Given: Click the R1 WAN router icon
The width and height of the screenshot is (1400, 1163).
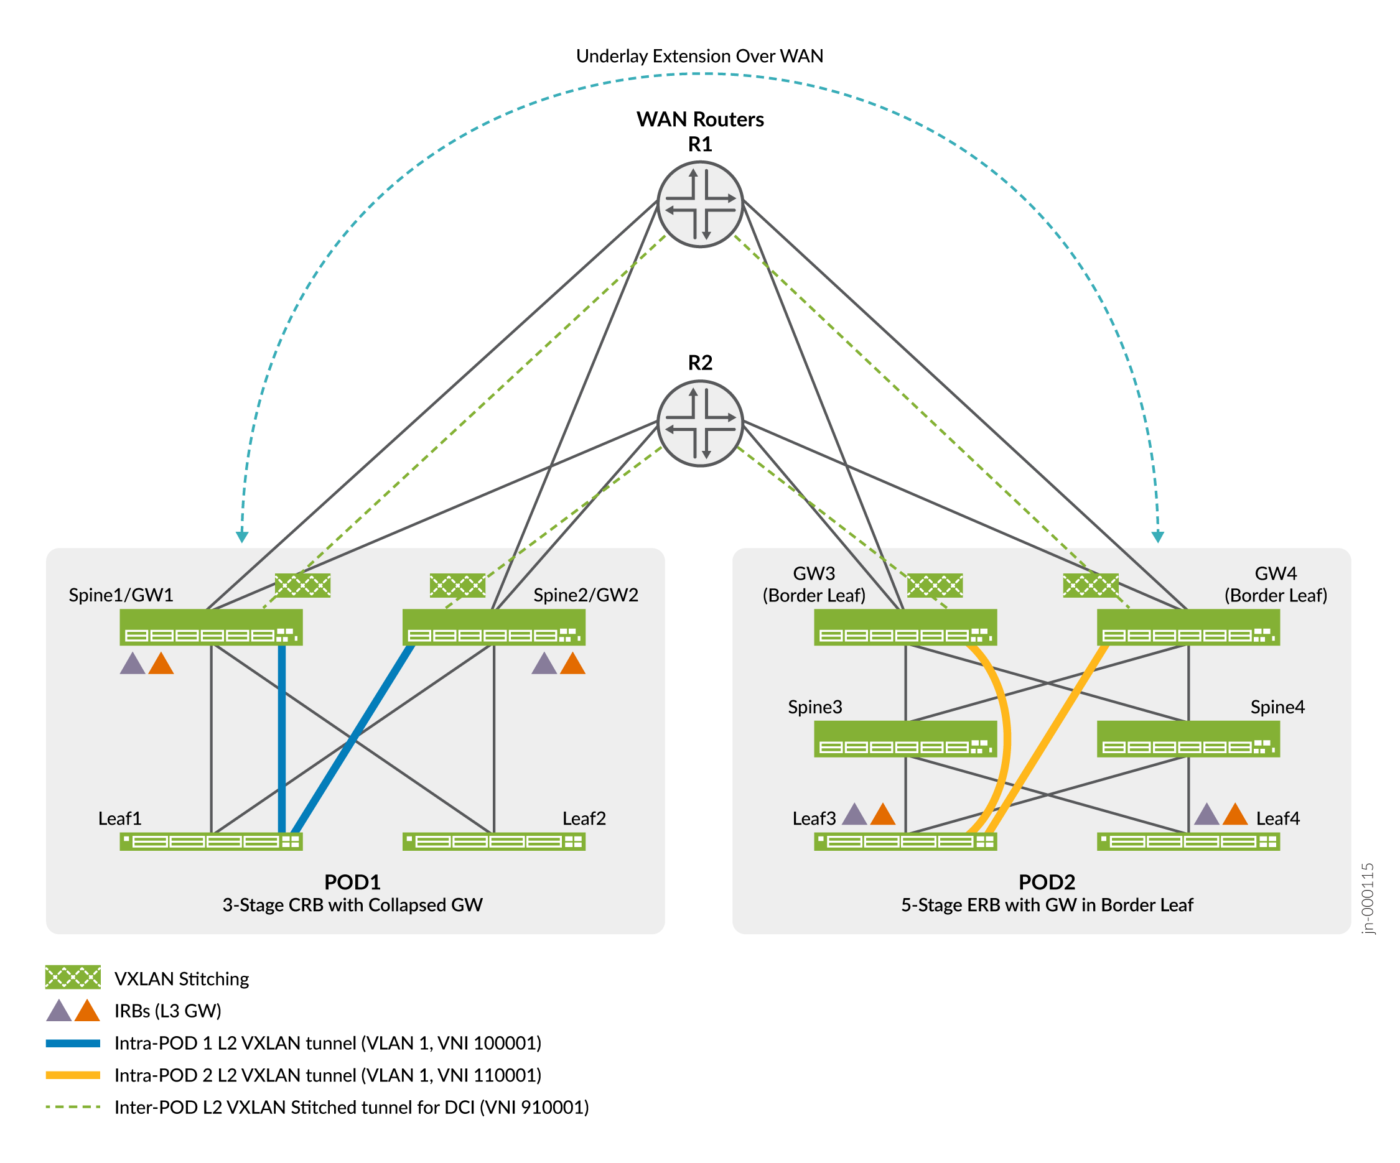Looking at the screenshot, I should tap(700, 205).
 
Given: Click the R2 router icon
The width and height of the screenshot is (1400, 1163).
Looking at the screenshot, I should tap(700, 423).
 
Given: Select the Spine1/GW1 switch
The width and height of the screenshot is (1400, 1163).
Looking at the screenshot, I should tap(211, 627).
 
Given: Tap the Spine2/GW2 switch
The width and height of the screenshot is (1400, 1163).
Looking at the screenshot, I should tap(494, 627).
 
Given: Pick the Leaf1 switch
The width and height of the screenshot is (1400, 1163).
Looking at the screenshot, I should tap(211, 841).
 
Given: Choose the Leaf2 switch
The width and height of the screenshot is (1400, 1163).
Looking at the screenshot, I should tap(494, 841).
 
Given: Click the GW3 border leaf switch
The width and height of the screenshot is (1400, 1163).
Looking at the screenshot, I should tap(905, 627).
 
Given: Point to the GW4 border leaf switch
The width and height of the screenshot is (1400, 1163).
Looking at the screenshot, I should tap(1188, 627).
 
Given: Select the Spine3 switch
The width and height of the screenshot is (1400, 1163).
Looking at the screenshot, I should tap(905, 739).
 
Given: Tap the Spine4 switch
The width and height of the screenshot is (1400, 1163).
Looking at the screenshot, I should tap(1188, 739).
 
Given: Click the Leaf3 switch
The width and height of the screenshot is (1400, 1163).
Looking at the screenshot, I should tap(905, 841).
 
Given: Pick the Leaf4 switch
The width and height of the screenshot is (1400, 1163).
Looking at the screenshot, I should tap(1188, 841).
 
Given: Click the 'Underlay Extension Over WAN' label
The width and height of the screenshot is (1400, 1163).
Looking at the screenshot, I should tap(699, 56).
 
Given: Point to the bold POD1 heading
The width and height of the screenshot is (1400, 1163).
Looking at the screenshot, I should tap(352, 882).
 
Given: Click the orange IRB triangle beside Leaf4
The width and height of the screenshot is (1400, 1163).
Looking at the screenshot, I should tap(1234, 815).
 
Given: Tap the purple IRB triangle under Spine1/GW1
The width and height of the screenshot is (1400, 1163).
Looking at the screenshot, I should tap(133, 664).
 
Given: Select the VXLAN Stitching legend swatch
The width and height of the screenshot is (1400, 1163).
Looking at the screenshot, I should tap(73, 977).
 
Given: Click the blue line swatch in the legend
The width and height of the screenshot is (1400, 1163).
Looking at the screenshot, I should tap(73, 1043).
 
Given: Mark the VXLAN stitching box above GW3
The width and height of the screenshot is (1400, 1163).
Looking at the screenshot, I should tap(935, 585).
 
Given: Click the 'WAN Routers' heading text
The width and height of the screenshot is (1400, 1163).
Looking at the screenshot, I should tap(700, 119).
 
